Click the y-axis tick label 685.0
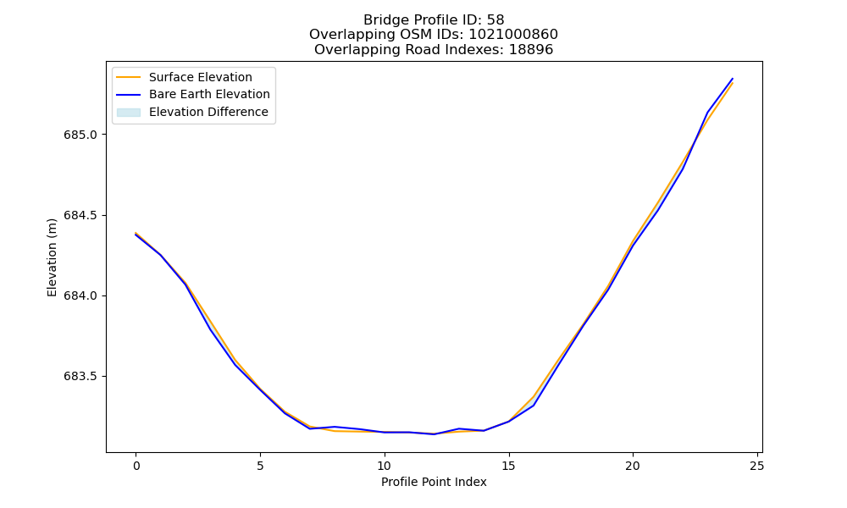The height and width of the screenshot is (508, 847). (x=80, y=135)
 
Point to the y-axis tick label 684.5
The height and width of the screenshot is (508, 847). (x=80, y=215)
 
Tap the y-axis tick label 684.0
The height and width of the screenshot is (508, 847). (x=80, y=295)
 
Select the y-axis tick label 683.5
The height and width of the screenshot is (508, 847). (x=80, y=376)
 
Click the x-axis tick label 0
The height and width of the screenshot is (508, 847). (x=136, y=466)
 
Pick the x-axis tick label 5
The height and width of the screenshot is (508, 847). (x=260, y=466)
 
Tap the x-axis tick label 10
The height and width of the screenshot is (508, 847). (x=384, y=466)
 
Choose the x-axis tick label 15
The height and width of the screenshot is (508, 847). (x=508, y=466)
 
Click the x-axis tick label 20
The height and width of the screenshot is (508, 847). (x=633, y=466)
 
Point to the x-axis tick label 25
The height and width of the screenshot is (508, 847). (x=756, y=466)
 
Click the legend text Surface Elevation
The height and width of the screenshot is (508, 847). (x=201, y=77)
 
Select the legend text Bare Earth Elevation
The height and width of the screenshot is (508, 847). (x=209, y=94)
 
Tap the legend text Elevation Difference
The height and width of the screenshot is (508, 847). (x=208, y=112)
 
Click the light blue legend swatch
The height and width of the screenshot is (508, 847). (x=129, y=113)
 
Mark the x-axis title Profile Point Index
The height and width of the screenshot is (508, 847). (x=434, y=482)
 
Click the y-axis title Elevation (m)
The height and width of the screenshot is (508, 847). (x=52, y=257)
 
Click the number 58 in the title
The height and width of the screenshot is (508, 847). (x=495, y=20)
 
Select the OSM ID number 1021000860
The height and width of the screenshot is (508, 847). (x=513, y=35)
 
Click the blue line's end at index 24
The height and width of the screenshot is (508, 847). (x=733, y=79)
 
